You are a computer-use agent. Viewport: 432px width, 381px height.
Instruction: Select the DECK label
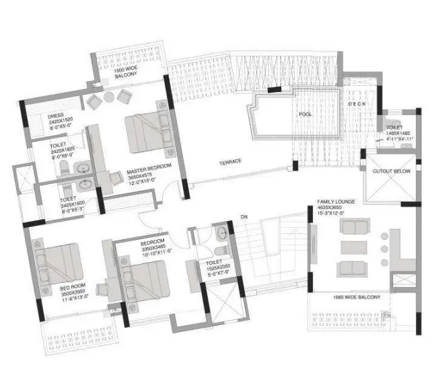pyautogui.click(x=356, y=104)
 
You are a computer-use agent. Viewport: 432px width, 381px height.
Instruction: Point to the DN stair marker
pyautogui.click(x=244, y=216)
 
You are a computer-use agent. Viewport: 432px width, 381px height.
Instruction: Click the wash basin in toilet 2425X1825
pyautogui.click(x=83, y=169)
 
